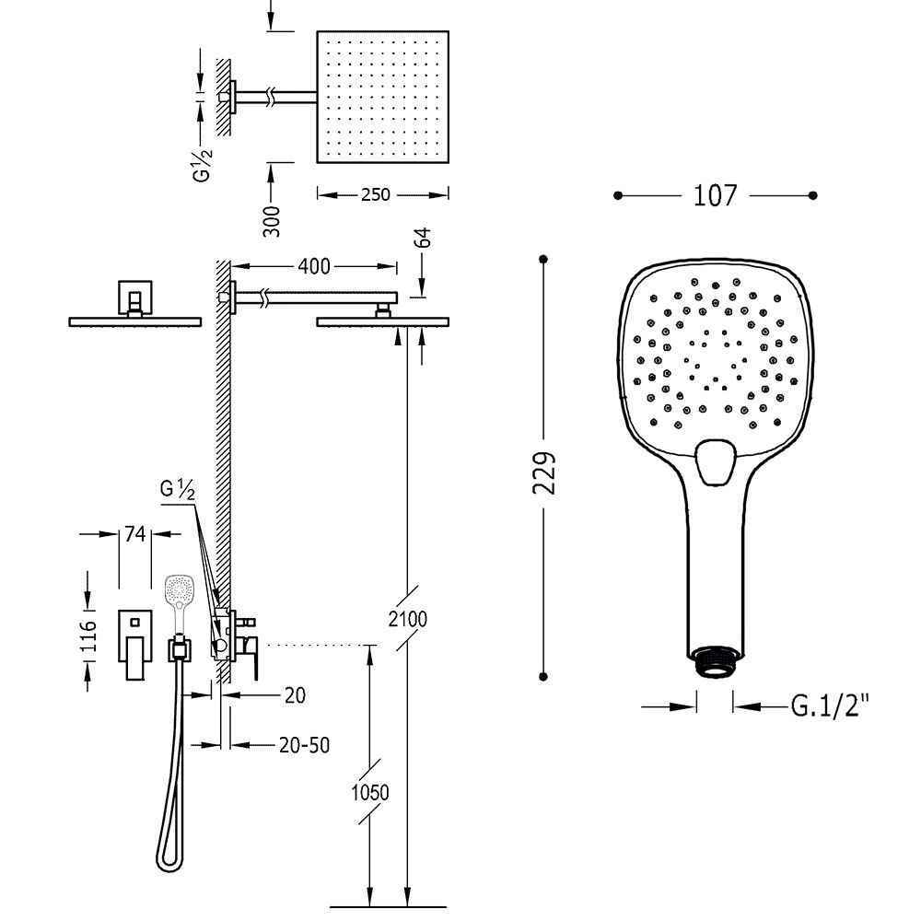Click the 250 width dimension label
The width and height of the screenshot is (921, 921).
pos(376,193)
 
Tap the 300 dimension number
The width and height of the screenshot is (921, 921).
pos(272,221)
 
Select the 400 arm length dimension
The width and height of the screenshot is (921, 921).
pos(314,266)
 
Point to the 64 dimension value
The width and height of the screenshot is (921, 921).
pos(423,238)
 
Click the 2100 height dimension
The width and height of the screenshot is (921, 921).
pos(408,619)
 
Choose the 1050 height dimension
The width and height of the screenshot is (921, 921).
pos(370,792)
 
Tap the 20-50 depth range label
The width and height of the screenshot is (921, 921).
pos(304,745)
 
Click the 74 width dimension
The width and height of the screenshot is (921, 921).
pos(134,533)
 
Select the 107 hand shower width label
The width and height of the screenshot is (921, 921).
pos(715,195)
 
